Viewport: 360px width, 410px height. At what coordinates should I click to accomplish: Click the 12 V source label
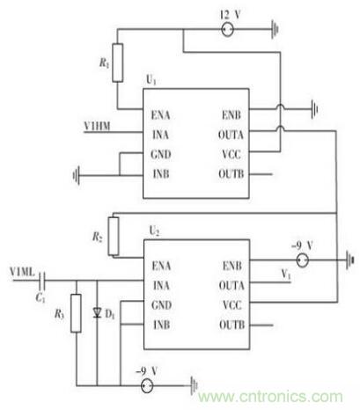coord(230,15)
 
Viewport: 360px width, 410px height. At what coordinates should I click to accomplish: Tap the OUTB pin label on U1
coord(233,174)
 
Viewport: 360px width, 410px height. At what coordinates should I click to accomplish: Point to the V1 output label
coord(286,275)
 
